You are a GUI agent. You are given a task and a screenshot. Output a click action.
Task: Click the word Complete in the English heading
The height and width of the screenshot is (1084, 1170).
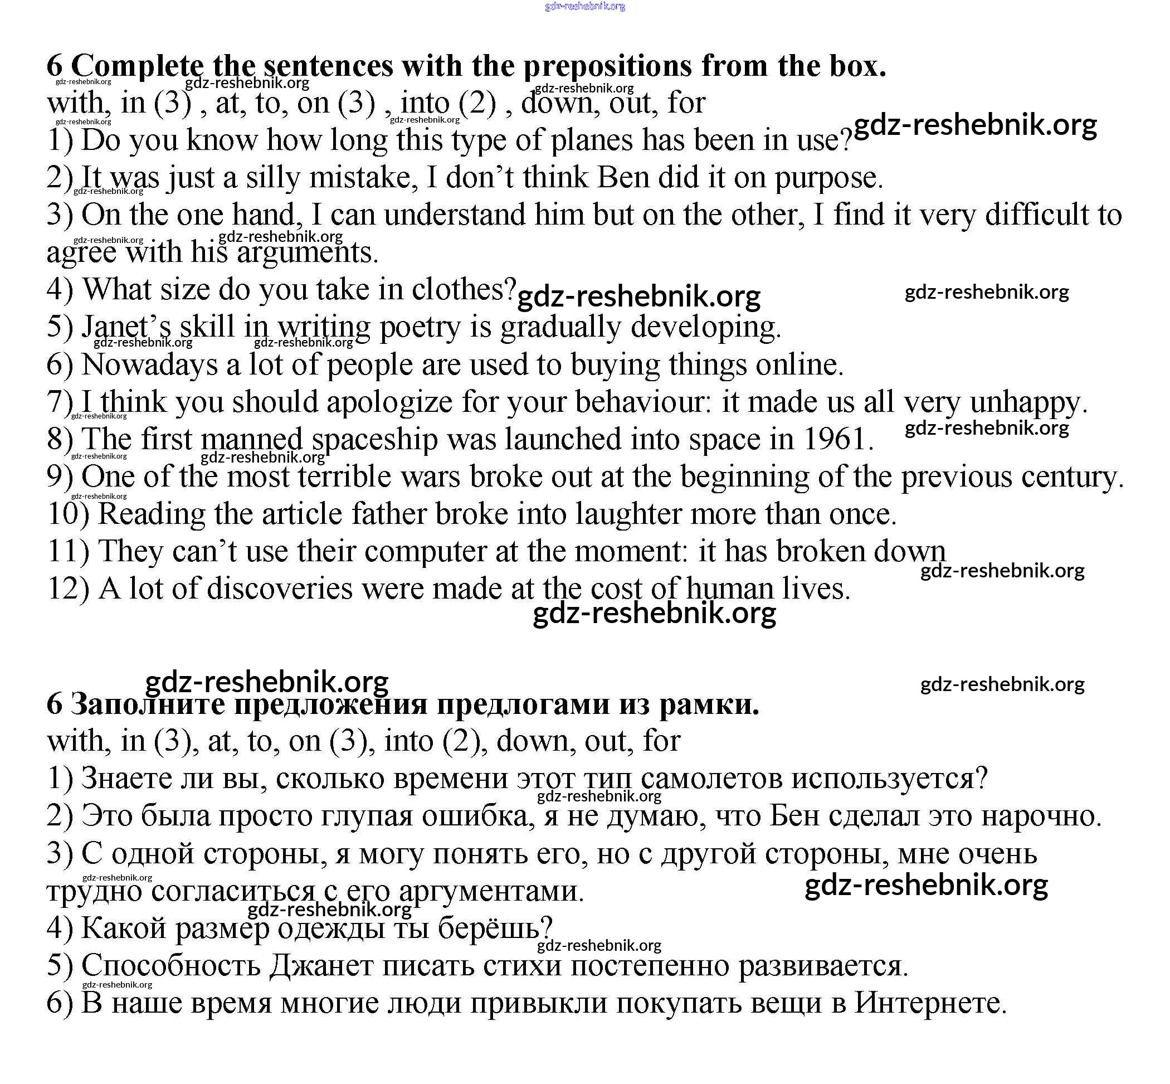coord(137,66)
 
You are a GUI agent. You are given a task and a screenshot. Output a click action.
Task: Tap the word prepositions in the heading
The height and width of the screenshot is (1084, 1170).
coord(607,66)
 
